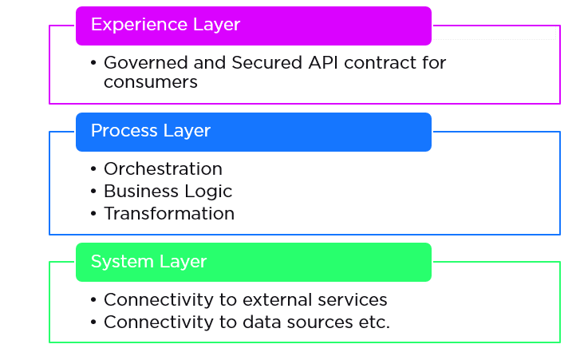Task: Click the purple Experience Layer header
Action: click(x=254, y=26)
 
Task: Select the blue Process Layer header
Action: click(x=254, y=132)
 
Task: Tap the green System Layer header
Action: click(x=254, y=262)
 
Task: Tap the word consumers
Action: click(x=150, y=81)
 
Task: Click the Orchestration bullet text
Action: click(x=163, y=169)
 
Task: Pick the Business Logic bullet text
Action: click(x=168, y=192)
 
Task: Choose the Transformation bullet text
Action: click(x=169, y=214)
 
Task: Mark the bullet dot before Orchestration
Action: click(x=93, y=170)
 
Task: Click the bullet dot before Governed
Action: click(x=93, y=63)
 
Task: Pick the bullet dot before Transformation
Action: click(x=93, y=215)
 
